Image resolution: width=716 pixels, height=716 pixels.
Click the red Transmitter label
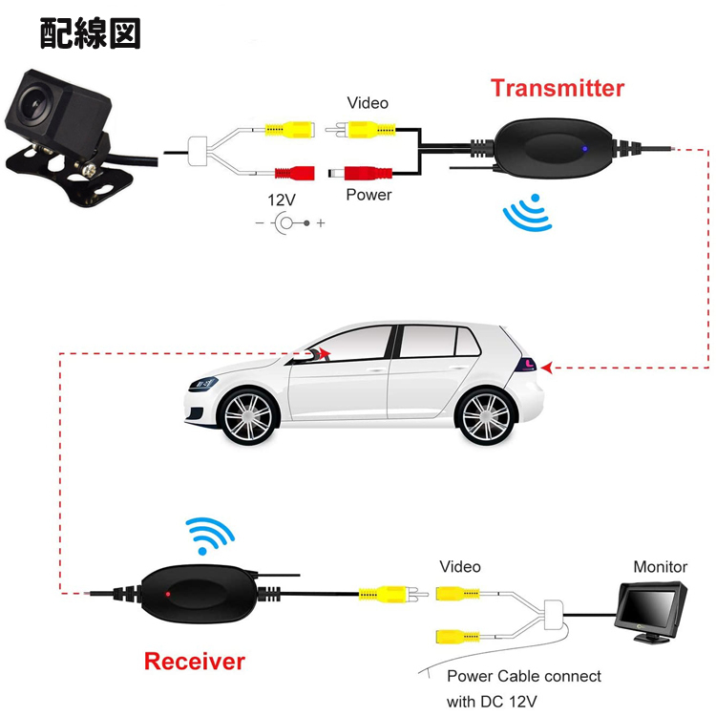pos(557,89)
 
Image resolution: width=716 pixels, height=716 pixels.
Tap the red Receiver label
pos(195,661)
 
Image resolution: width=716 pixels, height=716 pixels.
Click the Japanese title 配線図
pos(91,33)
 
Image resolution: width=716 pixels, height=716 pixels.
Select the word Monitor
pos(661,566)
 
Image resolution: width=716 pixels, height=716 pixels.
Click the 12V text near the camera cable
pos(284,200)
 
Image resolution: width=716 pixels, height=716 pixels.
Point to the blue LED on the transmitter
pos(582,149)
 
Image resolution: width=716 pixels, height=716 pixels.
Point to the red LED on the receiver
pos(168,596)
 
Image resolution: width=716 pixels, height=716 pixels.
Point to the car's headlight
pos(201,382)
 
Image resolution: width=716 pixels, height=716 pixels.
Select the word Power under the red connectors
pos(369,194)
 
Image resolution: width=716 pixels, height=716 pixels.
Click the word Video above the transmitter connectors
pos(368,102)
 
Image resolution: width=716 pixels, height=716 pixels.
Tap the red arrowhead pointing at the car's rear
pos(548,366)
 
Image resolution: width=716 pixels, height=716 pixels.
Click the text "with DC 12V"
pos(494,701)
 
